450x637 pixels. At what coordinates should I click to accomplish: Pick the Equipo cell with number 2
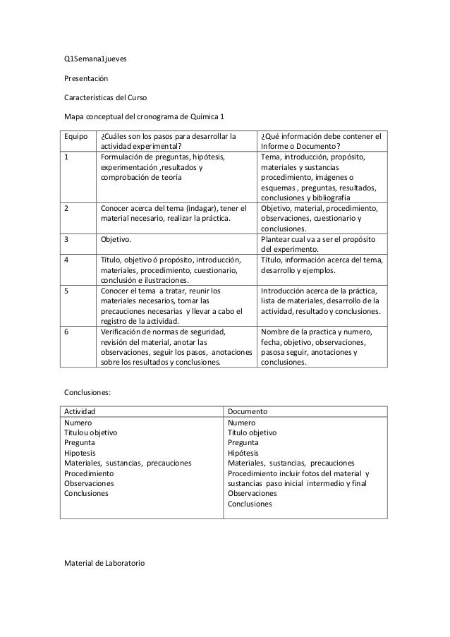click(67, 209)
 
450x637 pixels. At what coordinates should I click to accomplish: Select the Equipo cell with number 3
click(67, 240)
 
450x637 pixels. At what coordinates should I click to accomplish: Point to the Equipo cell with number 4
click(67, 260)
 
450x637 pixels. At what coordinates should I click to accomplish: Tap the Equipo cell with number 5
click(67, 291)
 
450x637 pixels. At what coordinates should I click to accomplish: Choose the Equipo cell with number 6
click(67, 332)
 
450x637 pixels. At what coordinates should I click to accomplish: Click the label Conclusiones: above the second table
click(87, 392)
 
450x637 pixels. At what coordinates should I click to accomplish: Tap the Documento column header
click(247, 412)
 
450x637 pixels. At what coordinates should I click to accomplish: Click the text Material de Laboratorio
click(103, 562)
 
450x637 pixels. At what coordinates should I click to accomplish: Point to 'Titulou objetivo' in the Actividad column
click(91, 432)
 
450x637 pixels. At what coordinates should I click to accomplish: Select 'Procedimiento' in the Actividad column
click(88, 473)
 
